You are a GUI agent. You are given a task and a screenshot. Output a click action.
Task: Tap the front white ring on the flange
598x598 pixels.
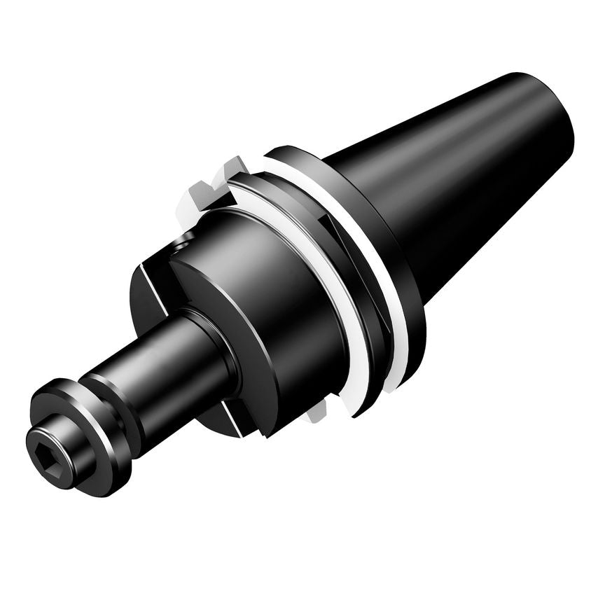pos(329,294)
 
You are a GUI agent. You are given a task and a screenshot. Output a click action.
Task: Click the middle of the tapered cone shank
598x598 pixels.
pos(455,175)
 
